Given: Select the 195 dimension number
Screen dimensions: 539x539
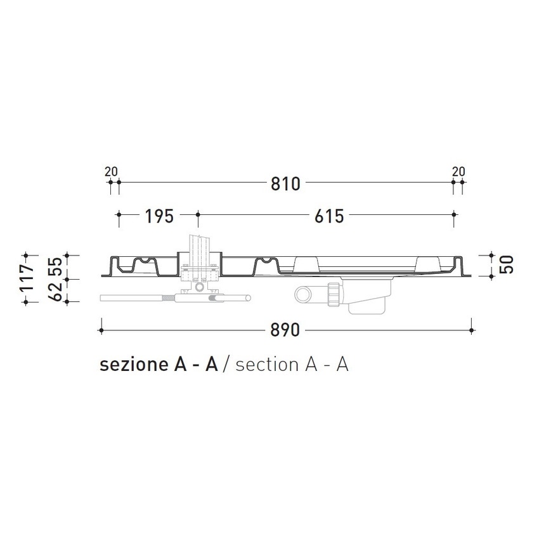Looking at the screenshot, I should click(159, 216).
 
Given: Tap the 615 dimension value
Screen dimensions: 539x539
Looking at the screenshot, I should click(328, 216).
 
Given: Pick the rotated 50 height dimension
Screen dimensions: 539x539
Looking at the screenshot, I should click(507, 264).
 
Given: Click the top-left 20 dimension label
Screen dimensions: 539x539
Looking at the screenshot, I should click(111, 171).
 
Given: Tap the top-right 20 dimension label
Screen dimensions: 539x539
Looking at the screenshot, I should click(458, 171).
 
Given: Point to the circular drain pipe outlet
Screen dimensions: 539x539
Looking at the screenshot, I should click(303, 294).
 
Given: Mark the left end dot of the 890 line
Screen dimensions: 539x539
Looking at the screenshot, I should click(101, 330).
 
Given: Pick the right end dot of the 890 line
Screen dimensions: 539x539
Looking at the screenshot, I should click(471, 330).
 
